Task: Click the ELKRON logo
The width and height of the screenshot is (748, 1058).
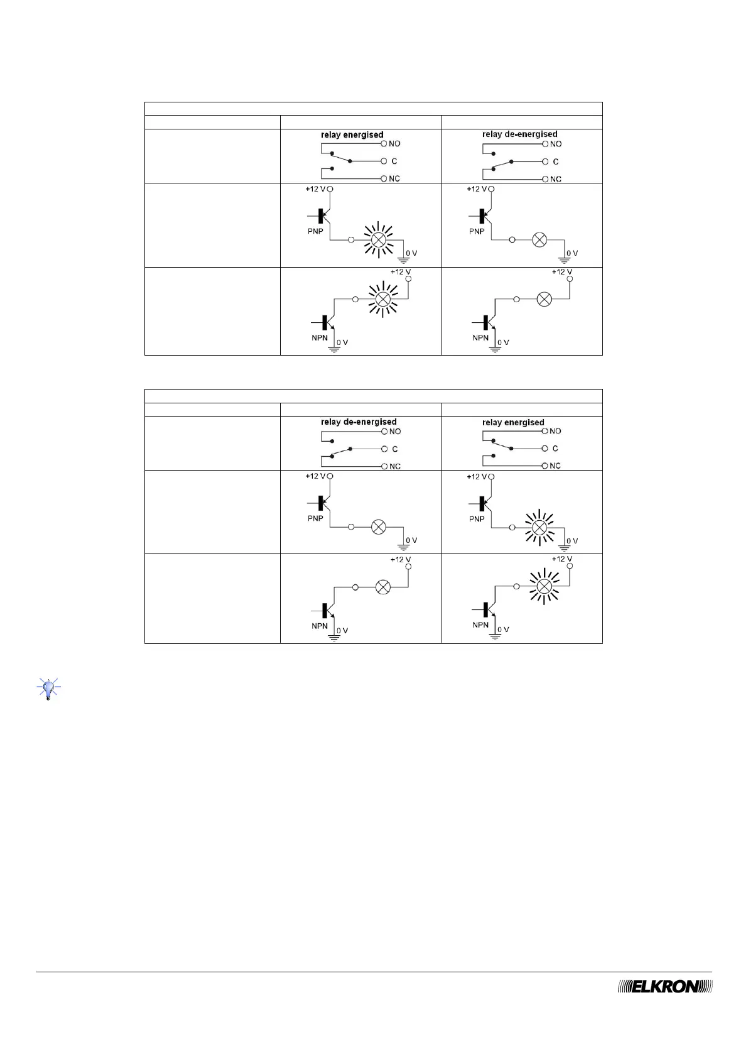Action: coord(666,1004)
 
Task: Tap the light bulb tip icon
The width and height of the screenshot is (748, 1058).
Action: coord(48,689)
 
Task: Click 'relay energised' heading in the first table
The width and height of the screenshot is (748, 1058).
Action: coord(352,134)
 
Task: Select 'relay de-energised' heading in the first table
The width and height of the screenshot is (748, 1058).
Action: coord(519,134)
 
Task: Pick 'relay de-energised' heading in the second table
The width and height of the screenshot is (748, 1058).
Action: coord(358,422)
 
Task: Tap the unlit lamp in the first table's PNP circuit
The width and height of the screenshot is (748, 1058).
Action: coord(539,239)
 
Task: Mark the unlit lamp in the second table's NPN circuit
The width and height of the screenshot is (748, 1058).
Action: coord(382,587)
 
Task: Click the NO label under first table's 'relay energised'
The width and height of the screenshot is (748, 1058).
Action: coord(394,144)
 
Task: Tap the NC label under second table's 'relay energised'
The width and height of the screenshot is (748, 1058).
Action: coord(555,466)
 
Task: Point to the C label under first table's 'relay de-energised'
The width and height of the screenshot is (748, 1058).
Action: coord(555,161)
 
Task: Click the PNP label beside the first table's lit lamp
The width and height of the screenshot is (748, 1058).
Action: coord(315,231)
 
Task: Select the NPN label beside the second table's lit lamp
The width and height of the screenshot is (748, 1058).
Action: coord(480,625)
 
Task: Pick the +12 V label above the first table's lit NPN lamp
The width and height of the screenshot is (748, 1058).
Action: coord(400,272)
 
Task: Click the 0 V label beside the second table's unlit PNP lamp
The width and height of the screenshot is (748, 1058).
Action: coord(411,540)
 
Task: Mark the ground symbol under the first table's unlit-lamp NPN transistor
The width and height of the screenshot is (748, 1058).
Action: coord(496,349)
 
